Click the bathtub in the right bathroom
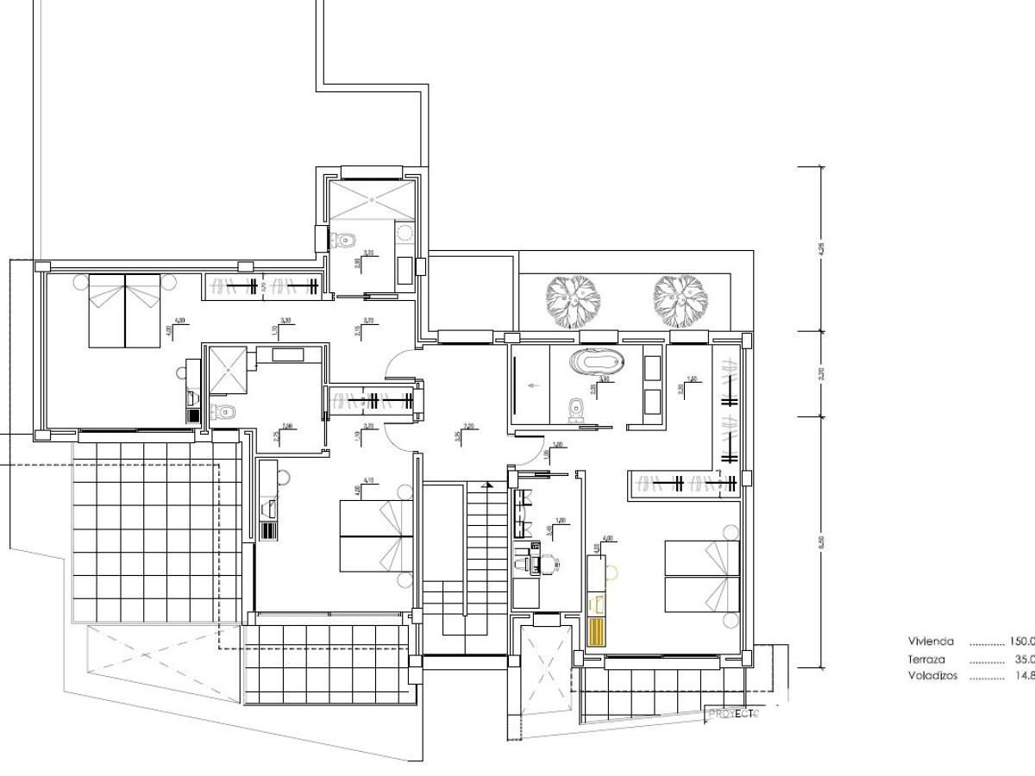coord(593,361)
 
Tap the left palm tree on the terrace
coord(573,300)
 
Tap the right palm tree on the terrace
coord(680,300)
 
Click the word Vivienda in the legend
coord(930,641)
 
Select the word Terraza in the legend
coord(927,659)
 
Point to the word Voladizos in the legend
coord(932,676)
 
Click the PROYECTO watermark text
coord(732,714)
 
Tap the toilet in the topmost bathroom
coord(347,241)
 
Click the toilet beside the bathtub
coord(574,409)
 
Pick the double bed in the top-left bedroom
coord(125,310)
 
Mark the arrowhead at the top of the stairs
coord(489,485)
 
